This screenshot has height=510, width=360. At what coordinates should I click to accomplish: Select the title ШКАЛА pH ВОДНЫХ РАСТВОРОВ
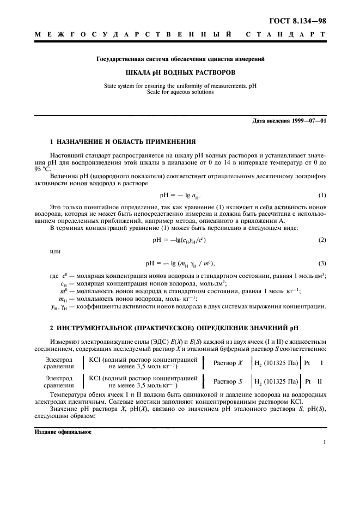[180, 72]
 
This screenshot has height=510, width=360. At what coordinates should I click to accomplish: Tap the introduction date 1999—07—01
[307, 121]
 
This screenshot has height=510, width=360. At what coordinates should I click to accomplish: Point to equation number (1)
[322, 195]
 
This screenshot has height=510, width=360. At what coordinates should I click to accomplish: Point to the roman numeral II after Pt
[320, 381]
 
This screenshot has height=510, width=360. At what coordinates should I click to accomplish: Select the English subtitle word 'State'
[113, 86]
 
